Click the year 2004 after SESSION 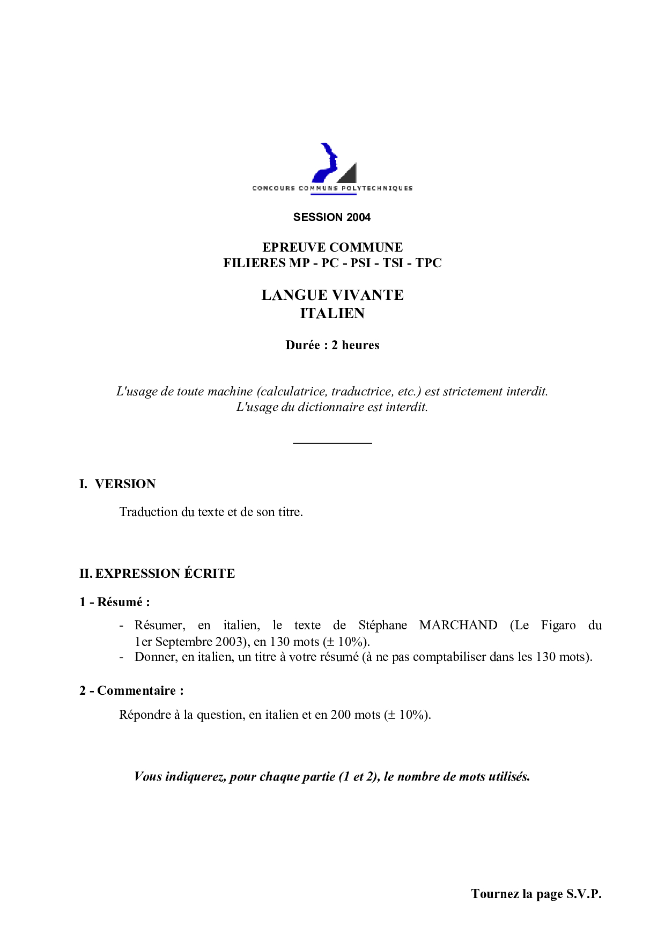(358, 217)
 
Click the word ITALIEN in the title (332, 313)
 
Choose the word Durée (303, 345)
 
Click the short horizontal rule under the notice (332, 443)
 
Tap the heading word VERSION (125, 484)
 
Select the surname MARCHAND (458, 625)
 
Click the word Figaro (558, 625)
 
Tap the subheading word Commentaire (136, 690)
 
